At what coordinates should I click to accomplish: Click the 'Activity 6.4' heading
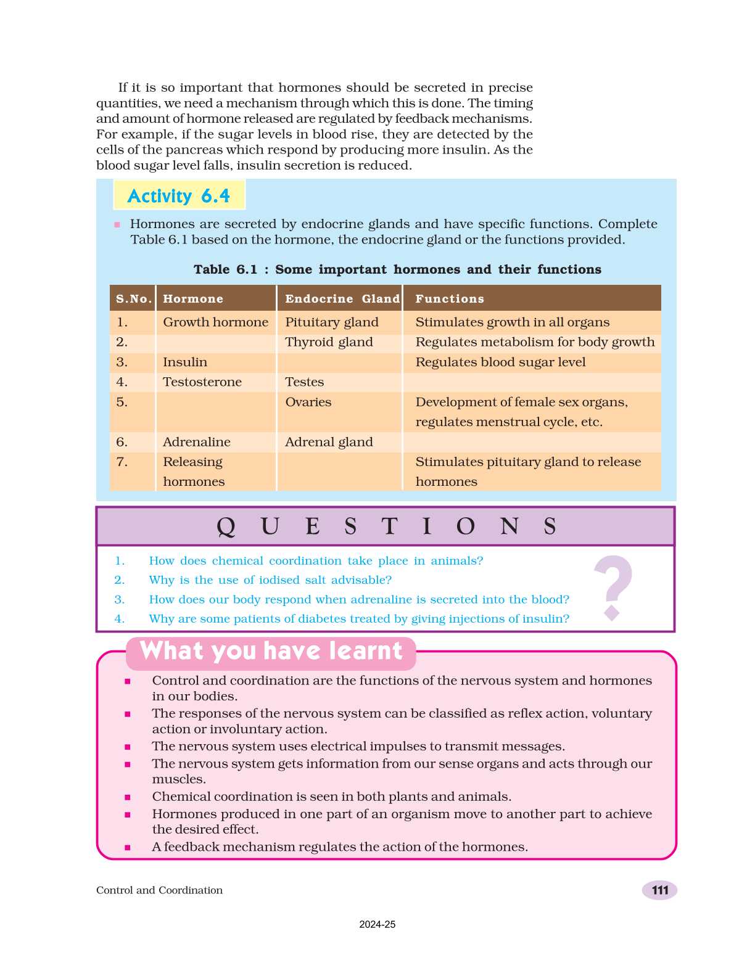pos(178,196)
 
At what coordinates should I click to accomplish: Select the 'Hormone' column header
pos(193,299)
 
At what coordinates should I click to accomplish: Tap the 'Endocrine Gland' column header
pos(342,299)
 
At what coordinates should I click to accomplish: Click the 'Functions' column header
pos(450,299)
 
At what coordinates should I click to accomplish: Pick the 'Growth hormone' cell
pos(215,322)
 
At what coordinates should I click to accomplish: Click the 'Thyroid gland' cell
pos(329,342)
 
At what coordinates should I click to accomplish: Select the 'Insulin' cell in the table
pos(185,363)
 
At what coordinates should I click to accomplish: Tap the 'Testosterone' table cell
pos(202,382)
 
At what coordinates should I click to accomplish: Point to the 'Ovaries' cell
pos(308,403)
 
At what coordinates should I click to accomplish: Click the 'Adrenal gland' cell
pos(329,442)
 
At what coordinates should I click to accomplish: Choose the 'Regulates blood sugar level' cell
pos(500,363)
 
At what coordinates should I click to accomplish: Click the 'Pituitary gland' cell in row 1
pos(332,322)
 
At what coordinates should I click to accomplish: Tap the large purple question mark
pos(613,586)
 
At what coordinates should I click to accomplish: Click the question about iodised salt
pos(270,580)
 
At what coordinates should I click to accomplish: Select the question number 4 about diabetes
pos(359,619)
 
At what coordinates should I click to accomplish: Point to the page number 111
pos(659,890)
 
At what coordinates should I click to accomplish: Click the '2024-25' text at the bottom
pos(377,925)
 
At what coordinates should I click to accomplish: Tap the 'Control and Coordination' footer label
pos(159,890)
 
